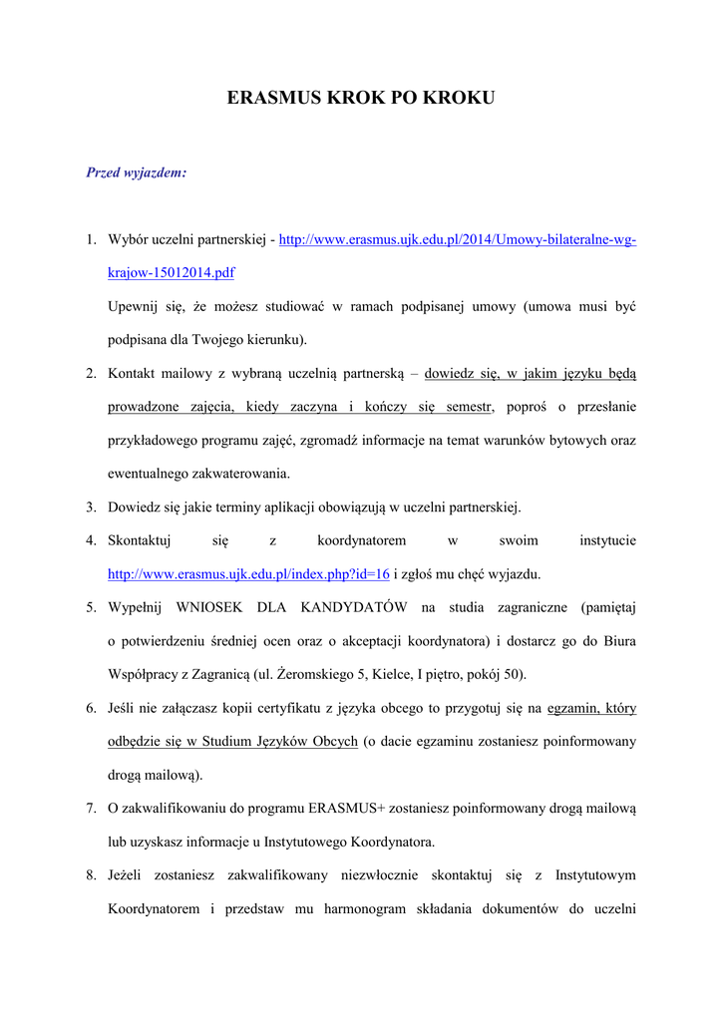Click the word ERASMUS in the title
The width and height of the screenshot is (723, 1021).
[273, 98]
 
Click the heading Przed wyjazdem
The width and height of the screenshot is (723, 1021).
[137, 172]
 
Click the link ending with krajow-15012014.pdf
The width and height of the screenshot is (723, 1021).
[172, 272]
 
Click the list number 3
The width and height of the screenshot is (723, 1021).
[91, 508]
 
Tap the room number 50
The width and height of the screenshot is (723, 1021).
[513, 675]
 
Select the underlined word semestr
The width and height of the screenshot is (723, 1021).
[469, 406]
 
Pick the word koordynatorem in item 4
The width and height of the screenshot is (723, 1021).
[361, 540]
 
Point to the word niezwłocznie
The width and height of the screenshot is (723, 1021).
[379, 875]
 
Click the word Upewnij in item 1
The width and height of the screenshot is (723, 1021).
[135, 305]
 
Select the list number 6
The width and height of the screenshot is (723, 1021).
[91, 709]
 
